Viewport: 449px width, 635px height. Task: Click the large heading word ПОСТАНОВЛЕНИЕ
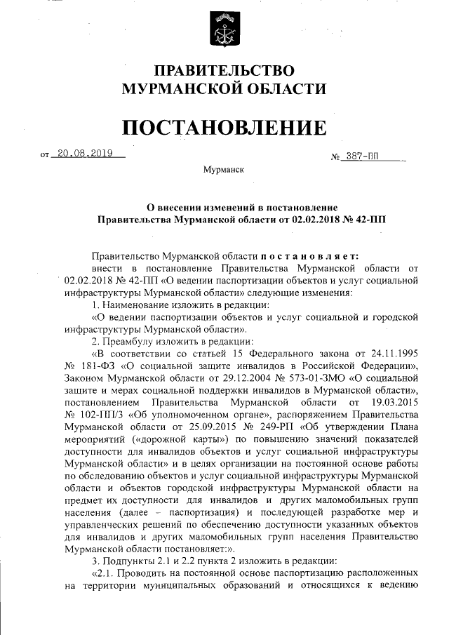click(224, 127)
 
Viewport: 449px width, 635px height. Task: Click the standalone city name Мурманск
click(224, 170)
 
